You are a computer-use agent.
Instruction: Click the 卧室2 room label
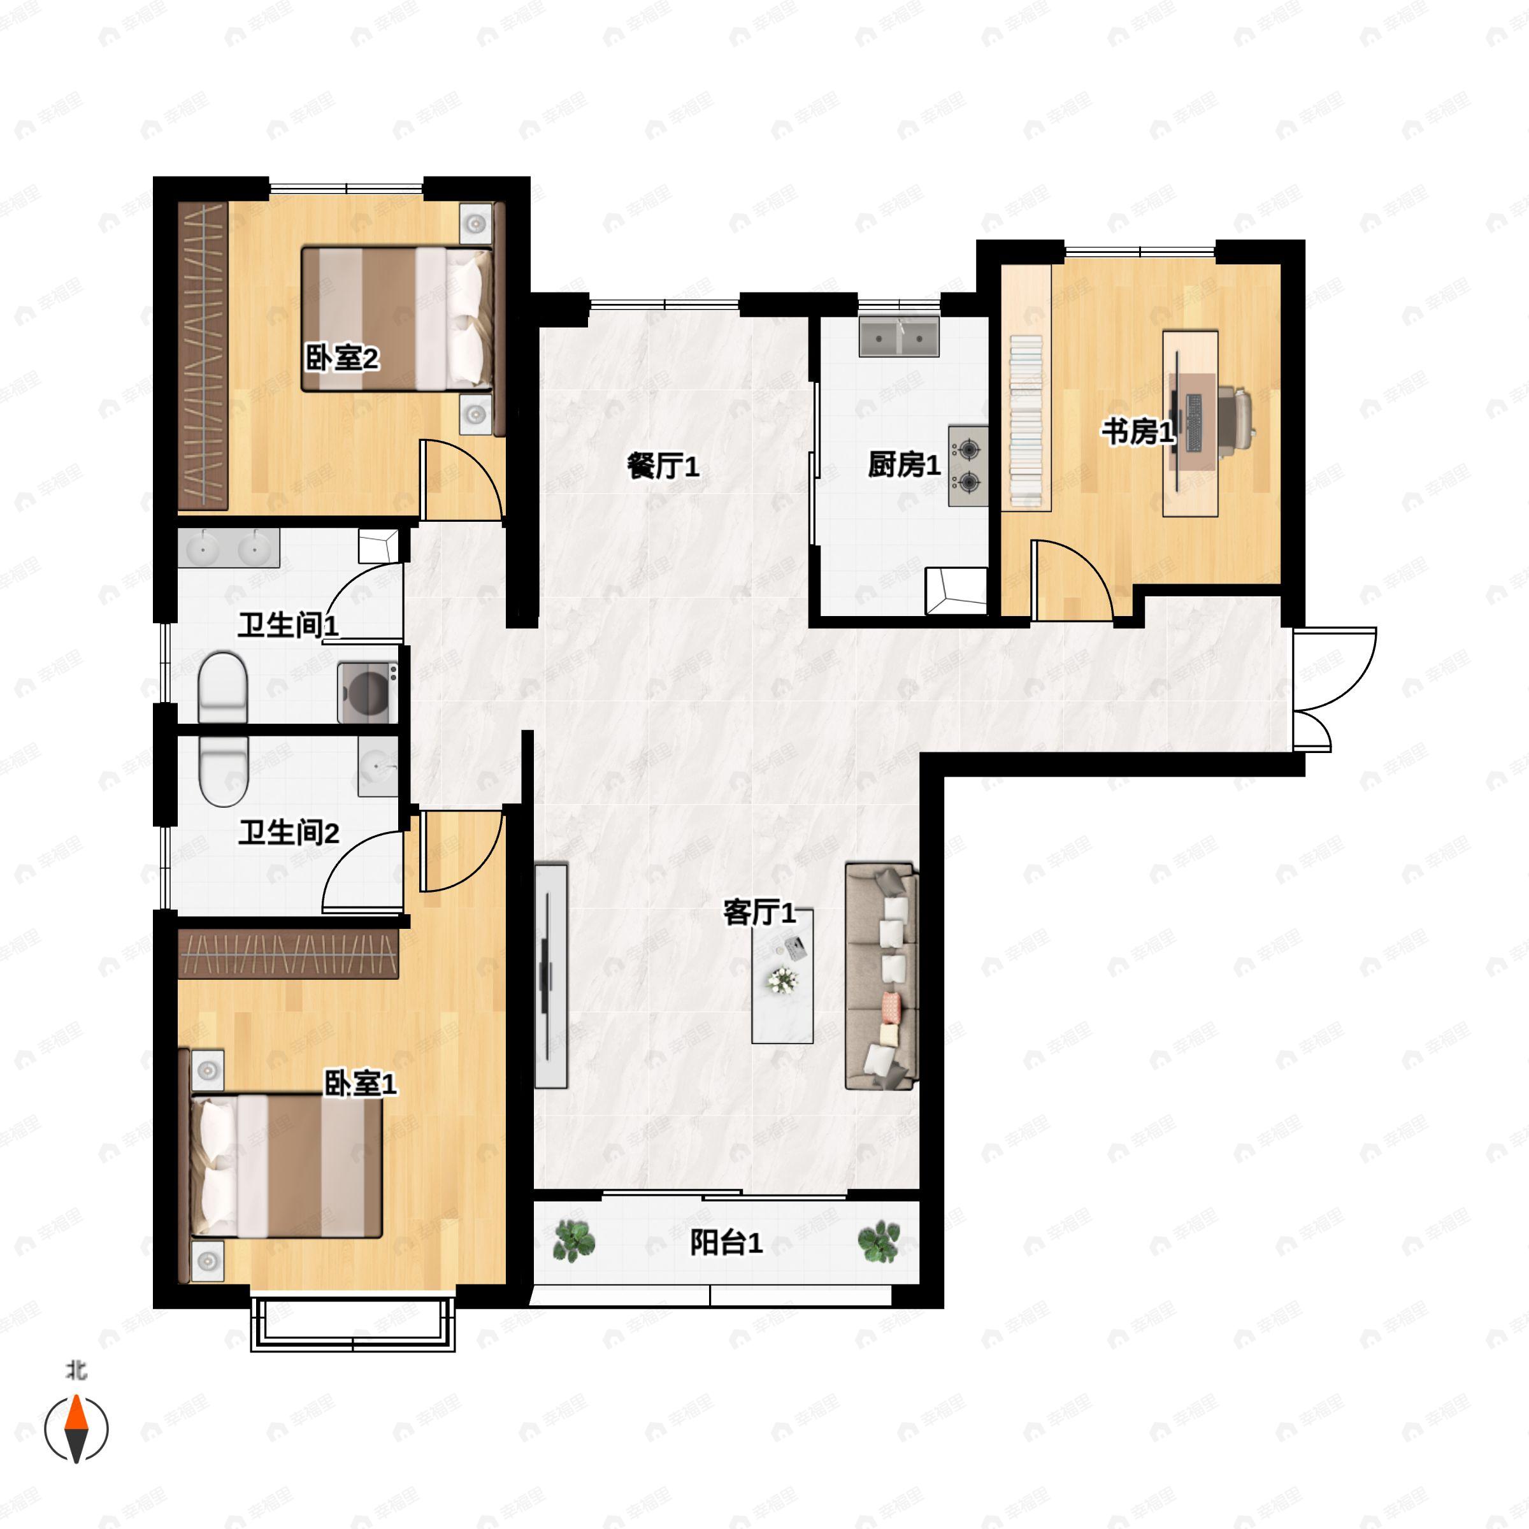click(x=343, y=359)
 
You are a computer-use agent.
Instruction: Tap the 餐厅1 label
click(x=663, y=466)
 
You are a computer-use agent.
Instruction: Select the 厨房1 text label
click(x=904, y=464)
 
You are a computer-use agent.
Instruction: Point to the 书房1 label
click(x=1138, y=431)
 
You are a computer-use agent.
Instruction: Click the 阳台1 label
click(x=726, y=1242)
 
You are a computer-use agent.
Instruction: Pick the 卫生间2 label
click(x=289, y=833)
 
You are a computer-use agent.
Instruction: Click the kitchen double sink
click(x=899, y=337)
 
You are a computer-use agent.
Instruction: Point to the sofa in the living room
click(x=882, y=976)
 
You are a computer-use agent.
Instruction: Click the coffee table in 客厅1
click(x=782, y=977)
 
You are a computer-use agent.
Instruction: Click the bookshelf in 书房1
click(x=1026, y=421)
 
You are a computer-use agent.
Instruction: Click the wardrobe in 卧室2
click(x=203, y=355)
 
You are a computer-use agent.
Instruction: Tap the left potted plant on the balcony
click(x=574, y=1240)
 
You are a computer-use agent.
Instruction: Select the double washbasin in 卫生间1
click(x=229, y=548)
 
